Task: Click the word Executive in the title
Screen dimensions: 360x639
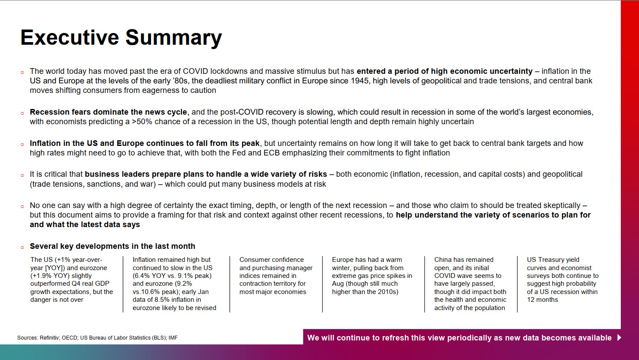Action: click(x=69, y=37)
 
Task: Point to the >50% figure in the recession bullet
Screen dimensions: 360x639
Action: click(x=142, y=122)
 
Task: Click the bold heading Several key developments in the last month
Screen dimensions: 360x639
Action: click(x=112, y=246)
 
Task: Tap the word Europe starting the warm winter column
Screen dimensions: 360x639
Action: click(x=343, y=260)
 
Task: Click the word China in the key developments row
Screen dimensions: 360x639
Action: click(x=443, y=260)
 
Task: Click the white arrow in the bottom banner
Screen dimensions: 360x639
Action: click(x=619, y=338)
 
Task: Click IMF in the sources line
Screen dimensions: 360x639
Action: click(x=173, y=338)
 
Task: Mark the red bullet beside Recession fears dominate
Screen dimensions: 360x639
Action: click(x=23, y=113)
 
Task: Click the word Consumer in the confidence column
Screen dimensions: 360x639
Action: click(x=253, y=260)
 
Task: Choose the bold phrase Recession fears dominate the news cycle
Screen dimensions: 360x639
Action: click(x=108, y=112)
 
